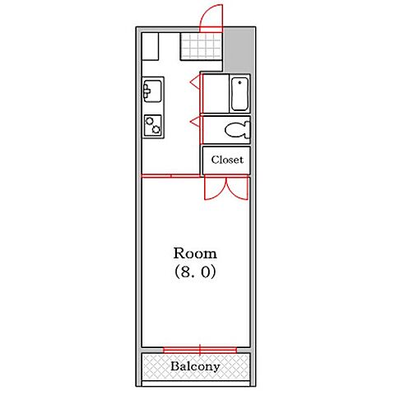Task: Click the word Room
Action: click(x=195, y=253)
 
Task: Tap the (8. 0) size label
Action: click(x=195, y=272)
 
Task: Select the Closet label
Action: click(x=227, y=160)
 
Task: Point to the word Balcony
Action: click(x=195, y=366)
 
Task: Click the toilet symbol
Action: click(x=238, y=129)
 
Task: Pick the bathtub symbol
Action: click(x=239, y=94)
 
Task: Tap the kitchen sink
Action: click(x=152, y=91)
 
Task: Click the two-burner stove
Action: click(x=153, y=125)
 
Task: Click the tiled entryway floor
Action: click(x=201, y=46)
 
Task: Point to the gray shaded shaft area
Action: click(x=238, y=49)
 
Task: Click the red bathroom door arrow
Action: click(x=195, y=81)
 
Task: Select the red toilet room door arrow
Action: click(x=195, y=122)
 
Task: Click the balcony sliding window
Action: click(x=200, y=350)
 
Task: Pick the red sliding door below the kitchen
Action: click(x=170, y=176)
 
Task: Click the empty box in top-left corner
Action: click(x=150, y=46)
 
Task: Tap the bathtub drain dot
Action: click(x=240, y=82)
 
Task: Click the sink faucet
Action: click(x=146, y=91)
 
